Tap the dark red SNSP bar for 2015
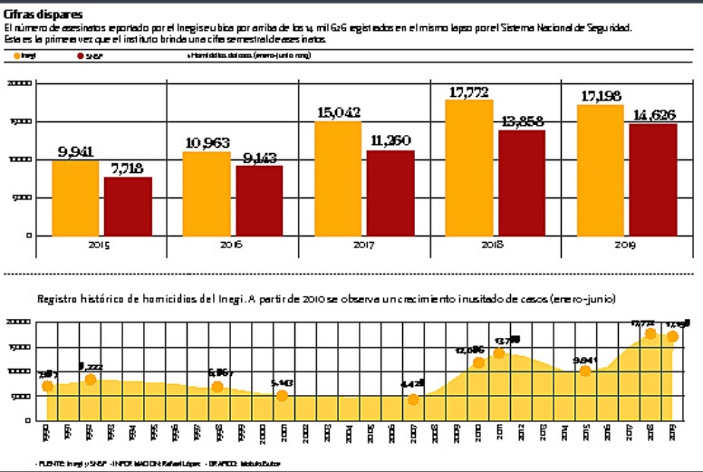(128, 206)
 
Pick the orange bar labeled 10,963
(207, 193)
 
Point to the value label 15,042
(338, 112)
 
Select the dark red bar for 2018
(522, 182)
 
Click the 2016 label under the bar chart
(232, 246)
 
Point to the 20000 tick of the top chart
(20, 83)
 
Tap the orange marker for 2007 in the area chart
(413, 400)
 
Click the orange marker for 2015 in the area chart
(585, 371)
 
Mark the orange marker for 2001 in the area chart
(283, 396)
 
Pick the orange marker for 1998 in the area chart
(217, 387)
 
